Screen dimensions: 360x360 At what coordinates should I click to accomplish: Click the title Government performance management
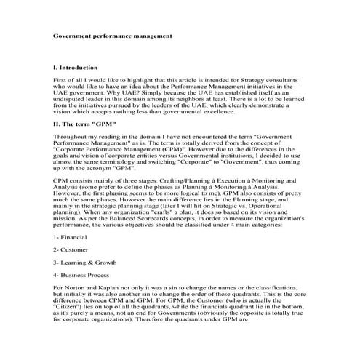[x=113, y=35]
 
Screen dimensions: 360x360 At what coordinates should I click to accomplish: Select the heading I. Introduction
[x=78, y=66]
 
